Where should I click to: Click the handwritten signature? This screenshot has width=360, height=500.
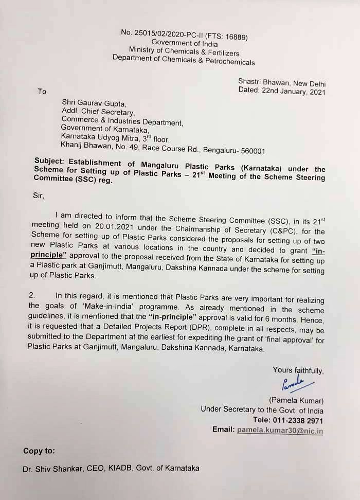(293, 383)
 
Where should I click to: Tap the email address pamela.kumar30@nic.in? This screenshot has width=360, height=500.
(280, 430)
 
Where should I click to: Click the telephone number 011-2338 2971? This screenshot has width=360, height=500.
(300, 420)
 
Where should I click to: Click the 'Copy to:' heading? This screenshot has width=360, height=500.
(39, 451)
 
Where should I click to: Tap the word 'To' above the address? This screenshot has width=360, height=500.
(42, 92)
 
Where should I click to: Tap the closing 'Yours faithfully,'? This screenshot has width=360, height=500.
(298, 370)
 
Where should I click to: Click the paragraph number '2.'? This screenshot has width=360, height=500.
(31, 295)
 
